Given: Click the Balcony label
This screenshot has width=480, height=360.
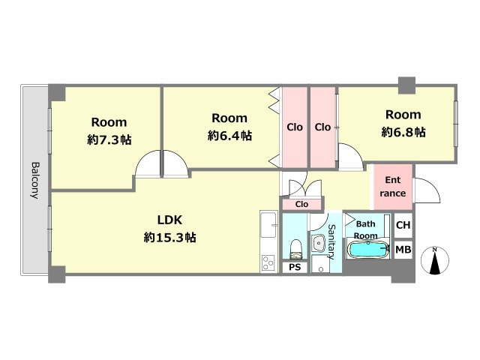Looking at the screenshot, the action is [36, 180].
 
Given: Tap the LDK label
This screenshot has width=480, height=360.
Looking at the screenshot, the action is [169, 220].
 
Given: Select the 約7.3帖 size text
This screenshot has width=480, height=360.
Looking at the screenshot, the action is [109, 140].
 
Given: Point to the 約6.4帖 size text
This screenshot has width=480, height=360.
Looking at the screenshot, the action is [229, 135].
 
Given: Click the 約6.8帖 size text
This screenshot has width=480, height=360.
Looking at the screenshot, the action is [403, 132].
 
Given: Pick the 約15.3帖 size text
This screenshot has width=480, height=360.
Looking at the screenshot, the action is [170, 237].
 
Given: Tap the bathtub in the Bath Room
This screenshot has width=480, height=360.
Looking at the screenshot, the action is [368, 250].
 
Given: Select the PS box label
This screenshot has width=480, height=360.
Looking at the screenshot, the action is [295, 267].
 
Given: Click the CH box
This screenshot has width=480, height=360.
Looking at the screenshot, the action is [403, 225].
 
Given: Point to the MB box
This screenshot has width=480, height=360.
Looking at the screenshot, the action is [403, 250].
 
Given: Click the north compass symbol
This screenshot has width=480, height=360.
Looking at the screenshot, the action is [435, 260].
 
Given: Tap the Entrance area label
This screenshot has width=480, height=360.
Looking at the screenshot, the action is [393, 187].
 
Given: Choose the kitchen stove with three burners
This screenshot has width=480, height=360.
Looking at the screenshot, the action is [268, 263].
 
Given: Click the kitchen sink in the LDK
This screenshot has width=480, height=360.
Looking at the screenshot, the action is [268, 225].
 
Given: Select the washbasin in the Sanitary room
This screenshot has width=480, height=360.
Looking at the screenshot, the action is [319, 244].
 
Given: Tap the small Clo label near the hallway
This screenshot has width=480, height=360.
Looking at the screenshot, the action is [301, 204].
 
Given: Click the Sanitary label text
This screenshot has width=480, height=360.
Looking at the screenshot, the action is [331, 241].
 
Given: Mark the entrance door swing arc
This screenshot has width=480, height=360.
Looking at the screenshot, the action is [426, 190].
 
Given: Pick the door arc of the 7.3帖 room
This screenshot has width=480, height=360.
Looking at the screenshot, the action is [148, 163].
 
